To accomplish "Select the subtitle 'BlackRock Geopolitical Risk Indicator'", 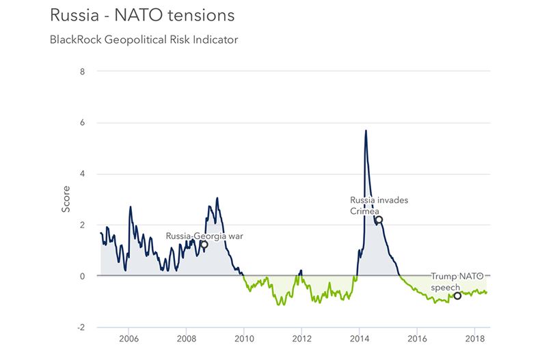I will [x=143, y=40].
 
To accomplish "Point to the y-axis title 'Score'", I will [x=66, y=199].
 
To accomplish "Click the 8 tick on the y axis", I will [x=82, y=71].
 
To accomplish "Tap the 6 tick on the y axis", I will [x=82, y=122].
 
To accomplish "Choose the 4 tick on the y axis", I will [x=82, y=174].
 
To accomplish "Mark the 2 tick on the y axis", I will [x=82, y=225].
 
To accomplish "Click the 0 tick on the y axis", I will [x=82, y=276].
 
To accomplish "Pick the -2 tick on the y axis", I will [x=81, y=327].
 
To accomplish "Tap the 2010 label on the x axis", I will [x=244, y=338].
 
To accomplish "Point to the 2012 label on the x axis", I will [x=301, y=338].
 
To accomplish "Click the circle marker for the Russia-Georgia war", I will [x=204, y=245].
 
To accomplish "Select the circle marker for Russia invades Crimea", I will [x=379, y=219].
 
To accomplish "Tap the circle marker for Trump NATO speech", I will [x=457, y=296].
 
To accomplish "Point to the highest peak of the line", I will [x=366, y=130].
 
